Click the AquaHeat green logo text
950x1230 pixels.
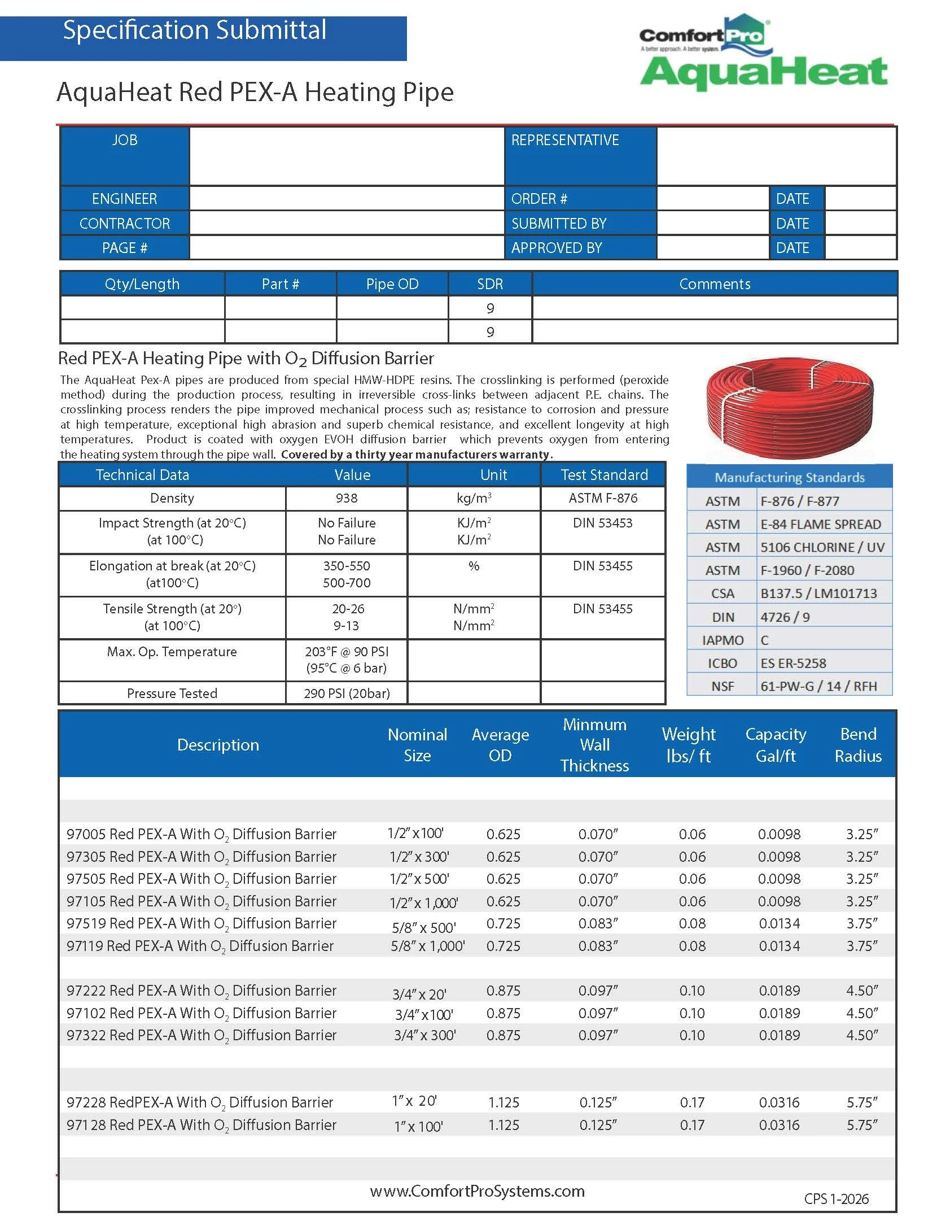click(763, 73)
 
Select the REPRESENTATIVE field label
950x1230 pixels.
click(565, 140)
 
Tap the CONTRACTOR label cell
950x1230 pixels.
click(124, 224)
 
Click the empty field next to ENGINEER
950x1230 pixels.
click(346, 199)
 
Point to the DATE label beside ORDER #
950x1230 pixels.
click(792, 199)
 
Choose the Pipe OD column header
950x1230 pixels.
click(392, 284)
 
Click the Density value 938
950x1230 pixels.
click(346, 498)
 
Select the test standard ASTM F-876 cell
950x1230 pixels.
click(602, 498)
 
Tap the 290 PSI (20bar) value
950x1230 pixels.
click(346, 693)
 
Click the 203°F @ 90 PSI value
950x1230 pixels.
click(346, 652)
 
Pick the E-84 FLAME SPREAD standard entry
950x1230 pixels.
click(820, 524)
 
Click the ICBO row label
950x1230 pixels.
click(722, 663)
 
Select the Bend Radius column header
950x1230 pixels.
click(857, 745)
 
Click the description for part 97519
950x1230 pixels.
click(201, 924)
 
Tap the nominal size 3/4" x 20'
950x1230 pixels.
click(419, 994)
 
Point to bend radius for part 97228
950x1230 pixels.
click(861, 1102)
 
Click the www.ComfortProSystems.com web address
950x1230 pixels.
click(477, 1191)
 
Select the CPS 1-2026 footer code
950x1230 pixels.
click(836, 1199)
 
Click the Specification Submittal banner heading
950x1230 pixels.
click(194, 30)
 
